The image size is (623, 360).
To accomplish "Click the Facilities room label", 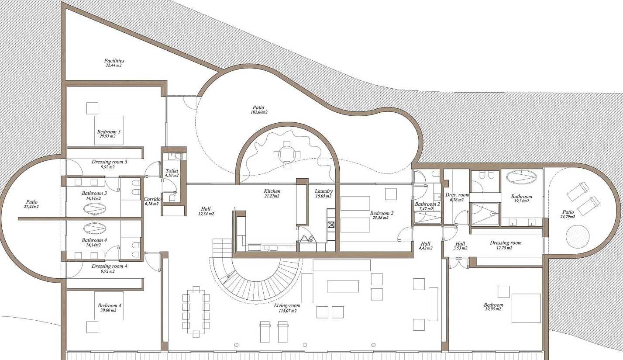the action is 114,61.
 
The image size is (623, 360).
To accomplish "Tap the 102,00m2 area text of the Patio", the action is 259,112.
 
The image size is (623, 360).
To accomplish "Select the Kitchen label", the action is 272,191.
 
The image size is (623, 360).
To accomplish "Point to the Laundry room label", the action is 324,191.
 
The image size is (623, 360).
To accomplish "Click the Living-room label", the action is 287,306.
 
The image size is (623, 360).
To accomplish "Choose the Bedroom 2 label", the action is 382,213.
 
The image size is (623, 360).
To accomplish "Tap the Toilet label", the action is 172,171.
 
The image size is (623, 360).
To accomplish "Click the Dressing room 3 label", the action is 109,162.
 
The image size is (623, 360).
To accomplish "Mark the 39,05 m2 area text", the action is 493,309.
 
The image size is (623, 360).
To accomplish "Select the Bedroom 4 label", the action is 109,305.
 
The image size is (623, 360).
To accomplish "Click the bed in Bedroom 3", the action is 109,130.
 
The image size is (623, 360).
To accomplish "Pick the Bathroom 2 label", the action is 427,204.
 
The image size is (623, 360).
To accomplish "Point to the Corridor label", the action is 153,199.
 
